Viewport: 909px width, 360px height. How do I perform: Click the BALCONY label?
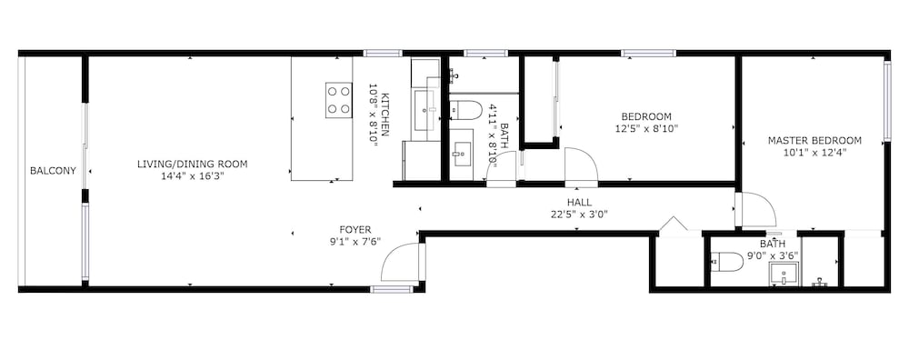click(53, 170)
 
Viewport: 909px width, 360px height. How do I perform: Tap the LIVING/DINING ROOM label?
click(192, 164)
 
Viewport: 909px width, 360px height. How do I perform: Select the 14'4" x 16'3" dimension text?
click(192, 176)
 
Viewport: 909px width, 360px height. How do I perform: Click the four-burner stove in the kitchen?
click(338, 100)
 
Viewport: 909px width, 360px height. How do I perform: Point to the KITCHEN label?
click(385, 115)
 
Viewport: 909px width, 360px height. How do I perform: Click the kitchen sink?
click(426, 109)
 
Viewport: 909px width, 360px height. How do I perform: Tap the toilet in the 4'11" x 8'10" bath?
click(466, 110)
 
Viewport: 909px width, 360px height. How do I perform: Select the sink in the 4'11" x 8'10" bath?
click(462, 155)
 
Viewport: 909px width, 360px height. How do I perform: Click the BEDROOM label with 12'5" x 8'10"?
click(646, 116)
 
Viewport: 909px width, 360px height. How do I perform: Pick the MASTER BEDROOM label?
click(814, 140)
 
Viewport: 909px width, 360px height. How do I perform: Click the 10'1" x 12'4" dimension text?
click(814, 153)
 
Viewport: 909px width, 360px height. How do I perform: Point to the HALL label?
click(579, 203)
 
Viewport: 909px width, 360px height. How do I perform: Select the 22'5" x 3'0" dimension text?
click(580, 215)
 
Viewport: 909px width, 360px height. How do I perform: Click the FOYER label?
click(355, 230)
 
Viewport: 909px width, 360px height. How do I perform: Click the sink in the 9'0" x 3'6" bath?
click(784, 274)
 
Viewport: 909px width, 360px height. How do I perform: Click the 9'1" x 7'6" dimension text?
click(355, 243)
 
